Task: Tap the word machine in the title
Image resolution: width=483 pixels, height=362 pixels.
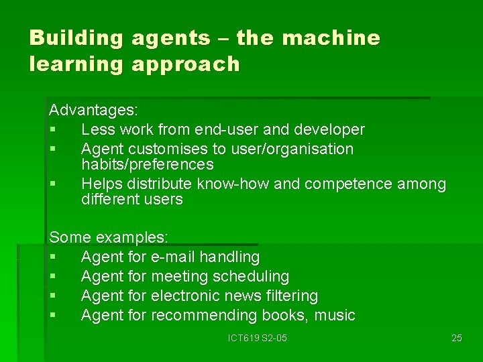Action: coord(331,38)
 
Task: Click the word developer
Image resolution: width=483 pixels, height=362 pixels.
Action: coord(331,129)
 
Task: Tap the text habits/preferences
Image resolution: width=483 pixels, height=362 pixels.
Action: coord(147,164)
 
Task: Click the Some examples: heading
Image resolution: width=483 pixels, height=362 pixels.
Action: coord(109,237)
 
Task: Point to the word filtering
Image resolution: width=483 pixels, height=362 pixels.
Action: coord(287,296)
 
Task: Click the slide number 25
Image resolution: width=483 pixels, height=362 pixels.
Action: coord(456,338)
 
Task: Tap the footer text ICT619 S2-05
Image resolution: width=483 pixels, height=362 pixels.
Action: coord(256,338)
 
